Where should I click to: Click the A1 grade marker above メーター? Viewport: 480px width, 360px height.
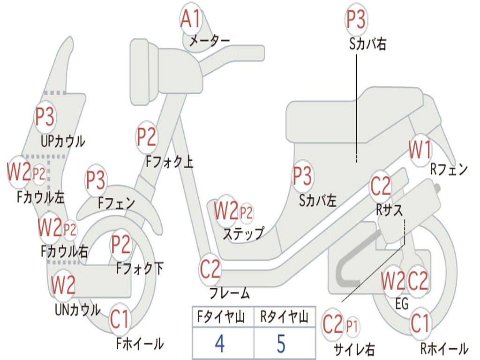(x=191, y=20)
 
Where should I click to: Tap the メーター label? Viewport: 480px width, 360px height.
(x=209, y=41)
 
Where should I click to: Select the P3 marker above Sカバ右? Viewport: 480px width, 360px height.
(x=356, y=20)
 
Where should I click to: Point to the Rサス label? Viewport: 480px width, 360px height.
(x=389, y=210)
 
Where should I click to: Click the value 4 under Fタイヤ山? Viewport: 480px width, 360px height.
(x=219, y=344)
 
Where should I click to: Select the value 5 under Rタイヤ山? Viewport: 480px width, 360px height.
(x=281, y=344)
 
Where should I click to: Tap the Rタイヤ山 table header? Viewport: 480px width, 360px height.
(x=284, y=318)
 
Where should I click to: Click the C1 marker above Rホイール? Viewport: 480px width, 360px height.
(x=420, y=323)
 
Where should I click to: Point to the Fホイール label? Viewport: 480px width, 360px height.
(x=140, y=344)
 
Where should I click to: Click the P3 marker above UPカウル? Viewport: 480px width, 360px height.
(x=45, y=117)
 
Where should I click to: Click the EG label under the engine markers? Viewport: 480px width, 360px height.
(x=402, y=304)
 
